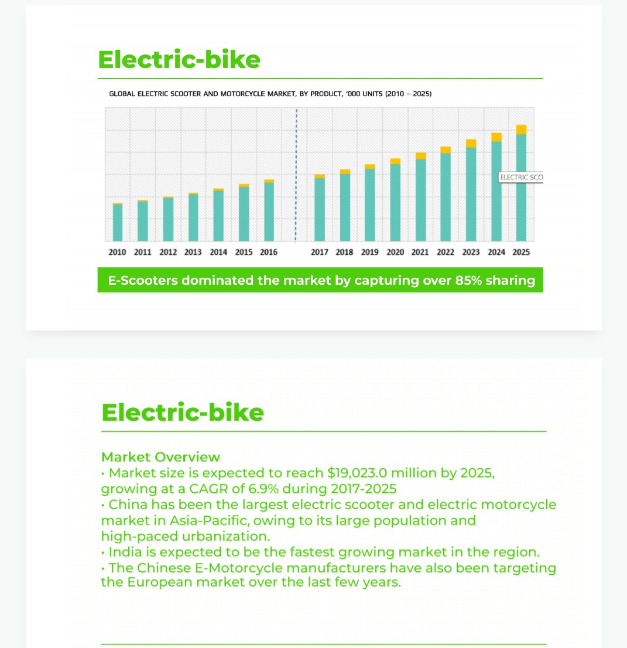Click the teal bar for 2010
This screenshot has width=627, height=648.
[x=118, y=223]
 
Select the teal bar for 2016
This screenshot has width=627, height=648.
[x=269, y=212]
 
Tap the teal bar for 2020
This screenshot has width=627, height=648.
[x=395, y=202]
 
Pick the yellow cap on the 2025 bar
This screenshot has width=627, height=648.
[x=521, y=129]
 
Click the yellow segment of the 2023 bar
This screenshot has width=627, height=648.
[x=471, y=144]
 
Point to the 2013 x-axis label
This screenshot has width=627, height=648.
[x=193, y=253]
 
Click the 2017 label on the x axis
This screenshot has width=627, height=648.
[x=320, y=253]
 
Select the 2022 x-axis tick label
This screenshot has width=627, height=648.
[x=446, y=253]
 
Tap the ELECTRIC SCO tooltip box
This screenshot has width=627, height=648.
[x=520, y=177]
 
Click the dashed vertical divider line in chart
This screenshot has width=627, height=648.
[x=296, y=176]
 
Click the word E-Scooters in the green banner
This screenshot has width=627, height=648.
[x=143, y=281]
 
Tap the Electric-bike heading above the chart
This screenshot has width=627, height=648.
[x=179, y=60]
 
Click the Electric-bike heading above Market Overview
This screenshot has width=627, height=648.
[x=183, y=412]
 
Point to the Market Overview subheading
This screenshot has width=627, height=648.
[x=160, y=457]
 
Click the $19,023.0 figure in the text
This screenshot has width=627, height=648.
[x=357, y=473]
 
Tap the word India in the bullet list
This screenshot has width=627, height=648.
[x=125, y=552]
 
